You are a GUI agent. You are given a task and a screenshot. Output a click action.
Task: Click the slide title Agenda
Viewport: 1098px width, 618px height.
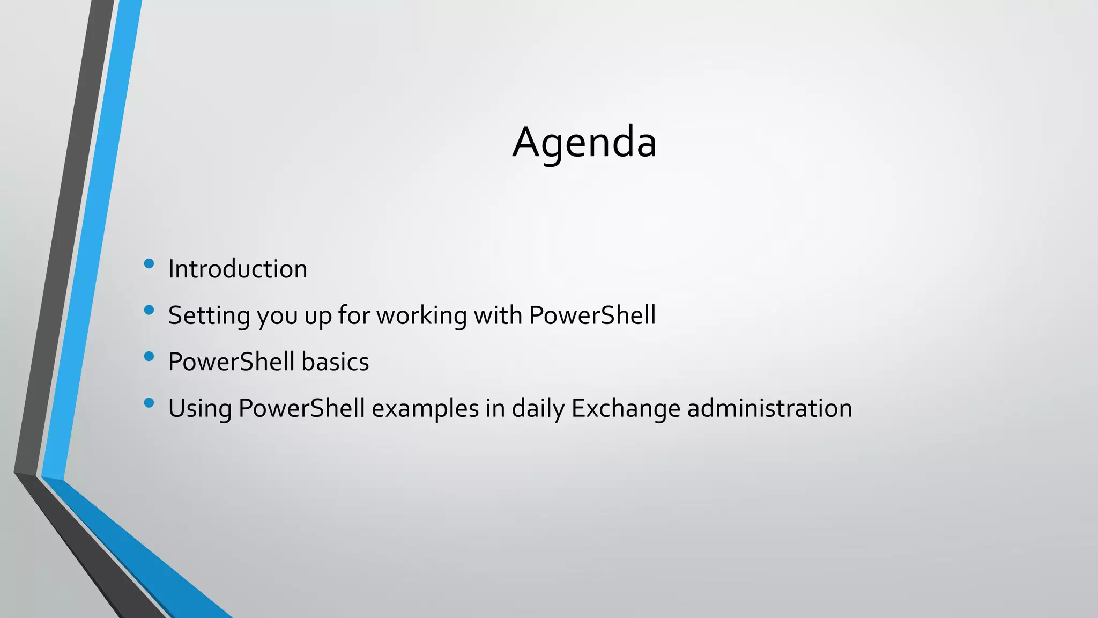[x=584, y=142]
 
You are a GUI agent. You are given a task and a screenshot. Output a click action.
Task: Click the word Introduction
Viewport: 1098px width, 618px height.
[x=238, y=269]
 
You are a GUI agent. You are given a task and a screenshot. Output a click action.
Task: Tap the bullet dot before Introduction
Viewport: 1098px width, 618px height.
[x=149, y=263]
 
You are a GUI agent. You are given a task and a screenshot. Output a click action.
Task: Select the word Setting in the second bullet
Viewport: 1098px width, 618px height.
[x=209, y=315]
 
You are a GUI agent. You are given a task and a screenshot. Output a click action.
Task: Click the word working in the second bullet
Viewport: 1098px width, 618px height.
[x=421, y=315]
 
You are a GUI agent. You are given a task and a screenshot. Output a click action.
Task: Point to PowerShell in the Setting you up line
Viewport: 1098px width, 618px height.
[x=592, y=315]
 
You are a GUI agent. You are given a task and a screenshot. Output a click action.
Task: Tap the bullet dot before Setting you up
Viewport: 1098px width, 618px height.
[x=149, y=310]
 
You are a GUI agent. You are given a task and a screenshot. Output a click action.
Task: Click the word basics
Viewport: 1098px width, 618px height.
[x=335, y=362]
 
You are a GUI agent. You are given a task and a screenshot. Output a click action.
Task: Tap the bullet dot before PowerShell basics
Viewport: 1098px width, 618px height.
[x=149, y=356]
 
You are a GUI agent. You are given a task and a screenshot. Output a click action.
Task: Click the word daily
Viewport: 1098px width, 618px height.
[x=538, y=409]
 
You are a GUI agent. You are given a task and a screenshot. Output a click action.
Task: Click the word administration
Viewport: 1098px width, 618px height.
[x=769, y=408]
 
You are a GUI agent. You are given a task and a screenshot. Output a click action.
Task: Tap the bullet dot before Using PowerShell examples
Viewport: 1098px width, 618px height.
[x=149, y=403]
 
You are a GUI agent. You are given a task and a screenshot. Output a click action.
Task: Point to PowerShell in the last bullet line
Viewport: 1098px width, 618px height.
[x=301, y=408]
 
